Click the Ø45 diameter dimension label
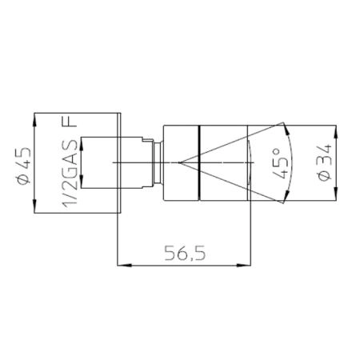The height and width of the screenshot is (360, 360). [x=24, y=166]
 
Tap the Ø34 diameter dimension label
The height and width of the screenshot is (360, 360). [x=325, y=162]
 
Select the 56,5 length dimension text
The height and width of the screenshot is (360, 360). [x=185, y=254]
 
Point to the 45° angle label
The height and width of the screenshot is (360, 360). [x=281, y=163]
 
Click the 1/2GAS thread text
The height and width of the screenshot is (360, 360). [x=70, y=174]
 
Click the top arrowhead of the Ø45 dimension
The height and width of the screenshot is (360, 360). [x=34, y=121]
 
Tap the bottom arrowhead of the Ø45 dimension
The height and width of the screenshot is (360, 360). [x=34, y=206]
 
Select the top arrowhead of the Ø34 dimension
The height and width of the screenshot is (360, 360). [x=336, y=133]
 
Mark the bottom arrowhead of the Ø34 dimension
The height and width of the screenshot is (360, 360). [x=336, y=193]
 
